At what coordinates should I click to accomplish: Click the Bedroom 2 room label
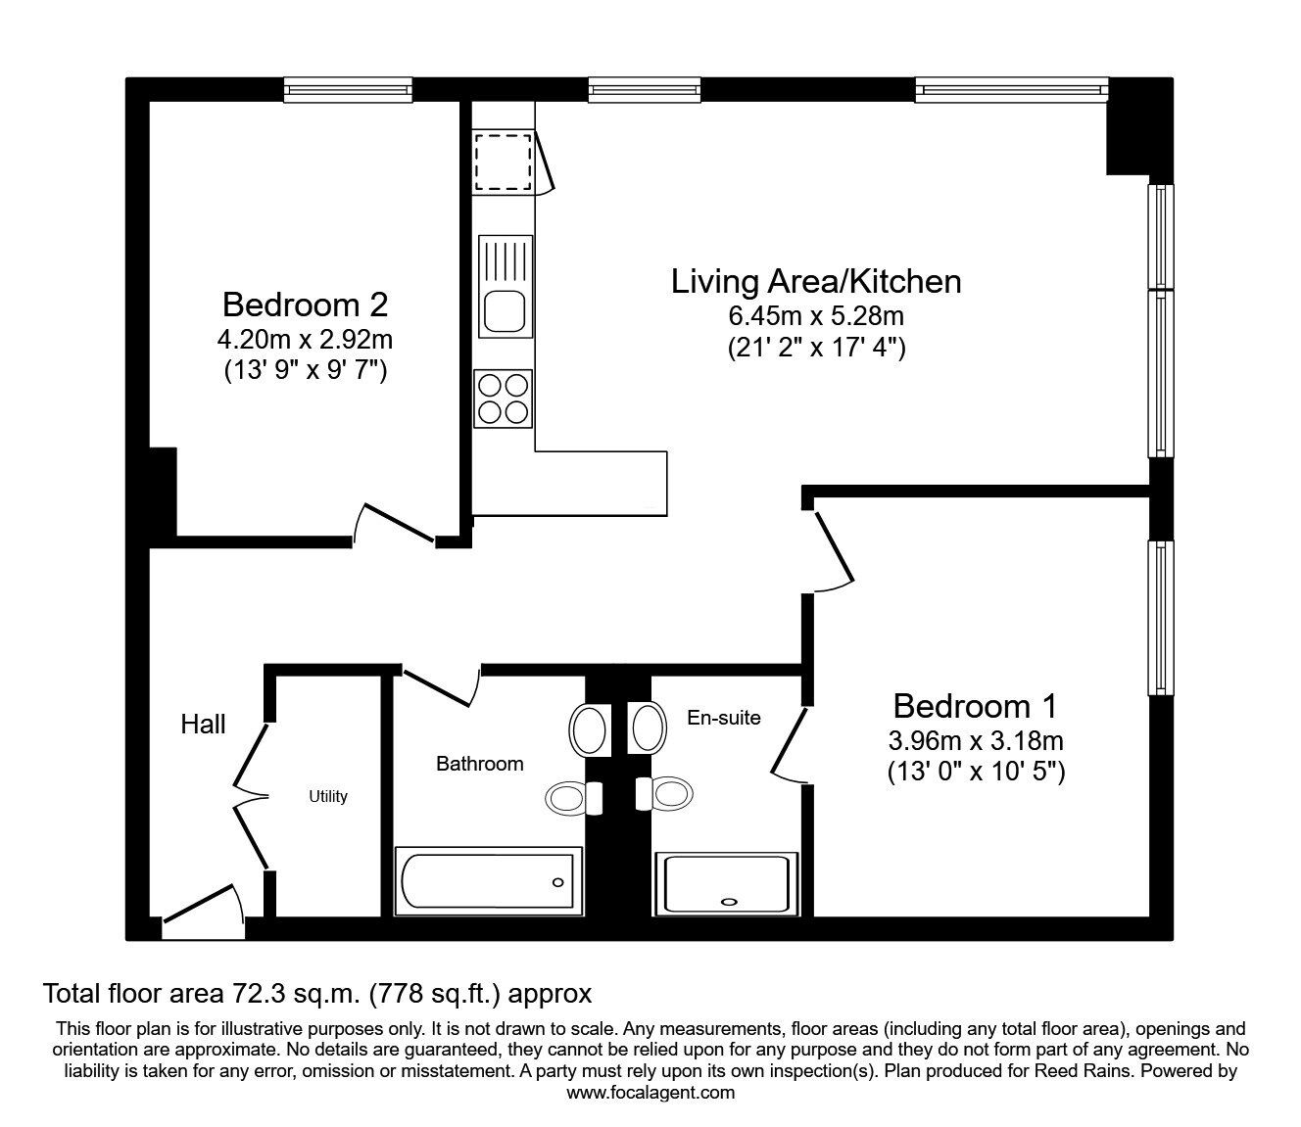tap(306, 305)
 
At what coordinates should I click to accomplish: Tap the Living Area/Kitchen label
tap(816, 281)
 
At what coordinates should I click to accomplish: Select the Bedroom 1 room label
tap(975, 706)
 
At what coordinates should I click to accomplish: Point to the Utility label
tap(328, 797)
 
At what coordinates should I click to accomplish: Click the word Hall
tap(203, 725)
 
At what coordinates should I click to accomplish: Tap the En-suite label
tap(724, 718)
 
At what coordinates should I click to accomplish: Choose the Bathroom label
tap(480, 764)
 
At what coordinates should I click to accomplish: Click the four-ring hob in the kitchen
tap(503, 399)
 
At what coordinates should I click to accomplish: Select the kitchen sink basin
tap(505, 310)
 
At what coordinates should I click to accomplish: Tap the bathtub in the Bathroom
tap(488, 881)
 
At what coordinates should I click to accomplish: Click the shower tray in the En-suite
tap(727, 884)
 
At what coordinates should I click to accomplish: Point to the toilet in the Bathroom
tap(574, 799)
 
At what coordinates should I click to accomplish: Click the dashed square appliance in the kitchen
tap(503, 162)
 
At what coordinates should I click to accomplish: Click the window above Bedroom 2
tap(348, 89)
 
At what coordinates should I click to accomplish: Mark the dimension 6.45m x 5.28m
tap(816, 316)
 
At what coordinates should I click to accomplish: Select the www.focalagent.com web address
tap(650, 1093)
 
